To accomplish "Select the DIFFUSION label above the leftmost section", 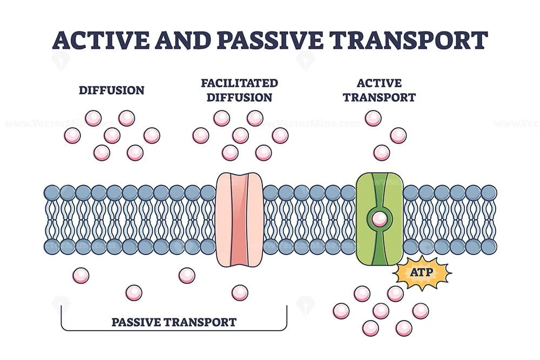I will click(112, 90).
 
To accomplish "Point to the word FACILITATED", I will click(239, 83).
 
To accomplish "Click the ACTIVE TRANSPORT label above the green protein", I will click(386, 90).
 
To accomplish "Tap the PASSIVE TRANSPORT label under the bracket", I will click(174, 322).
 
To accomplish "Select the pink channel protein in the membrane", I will click(239, 220).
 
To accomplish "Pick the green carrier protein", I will click(380, 220).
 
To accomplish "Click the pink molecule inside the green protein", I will click(380, 219).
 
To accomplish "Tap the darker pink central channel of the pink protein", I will click(239, 220).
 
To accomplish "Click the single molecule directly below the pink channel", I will click(240, 293).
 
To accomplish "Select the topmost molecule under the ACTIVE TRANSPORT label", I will click(373, 118).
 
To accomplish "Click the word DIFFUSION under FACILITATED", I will click(239, 98).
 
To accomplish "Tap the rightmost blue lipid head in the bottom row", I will click(489, 247).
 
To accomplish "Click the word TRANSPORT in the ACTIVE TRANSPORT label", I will click(386, 98).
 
